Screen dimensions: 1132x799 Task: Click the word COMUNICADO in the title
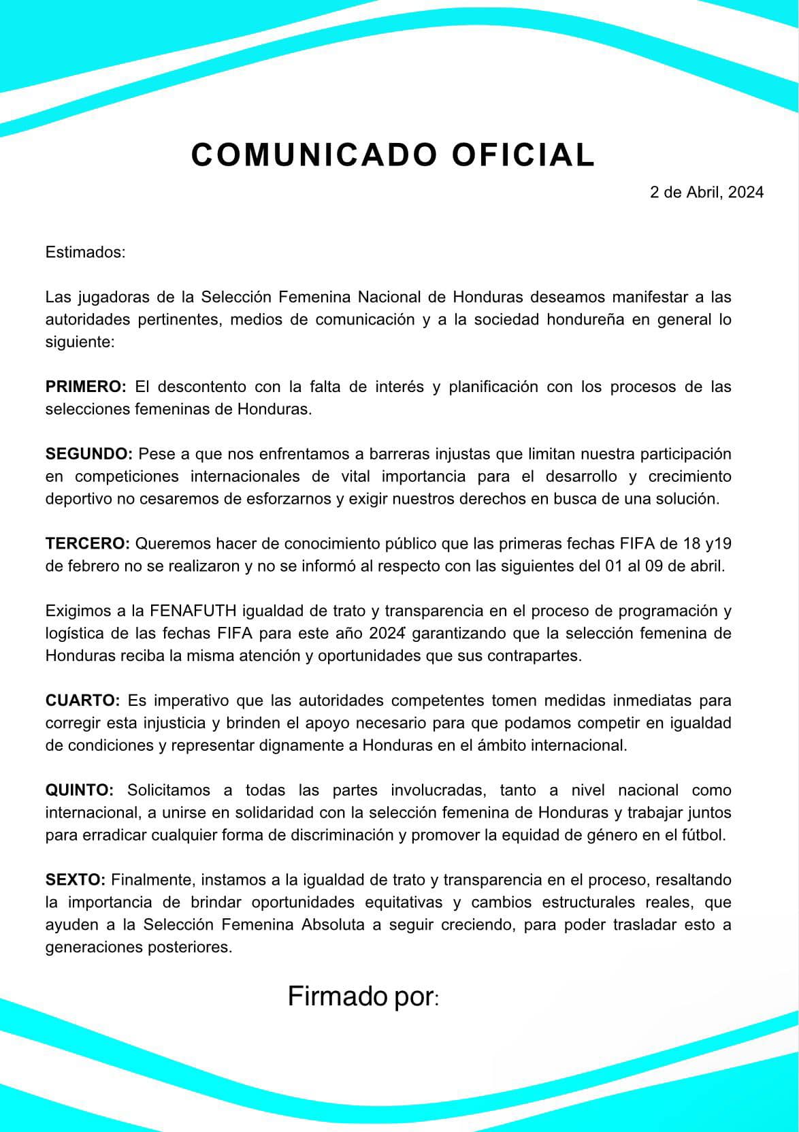point(314,155)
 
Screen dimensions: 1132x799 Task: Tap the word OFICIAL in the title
point(523,155)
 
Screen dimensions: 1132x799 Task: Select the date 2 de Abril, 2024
point(706,192)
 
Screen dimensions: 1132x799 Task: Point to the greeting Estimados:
point(86,253)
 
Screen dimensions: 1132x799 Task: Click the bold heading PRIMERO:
point(86,387)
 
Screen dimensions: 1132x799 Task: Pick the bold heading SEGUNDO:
point(89,454)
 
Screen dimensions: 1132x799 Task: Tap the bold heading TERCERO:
point(88,543)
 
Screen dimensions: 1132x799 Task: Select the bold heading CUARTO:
point(82,700)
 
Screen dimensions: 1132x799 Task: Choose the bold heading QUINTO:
point(80,790)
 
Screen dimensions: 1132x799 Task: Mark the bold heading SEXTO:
point(75,879)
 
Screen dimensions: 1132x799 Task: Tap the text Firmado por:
point(363,997)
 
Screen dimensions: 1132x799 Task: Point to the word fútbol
point(704,835)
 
